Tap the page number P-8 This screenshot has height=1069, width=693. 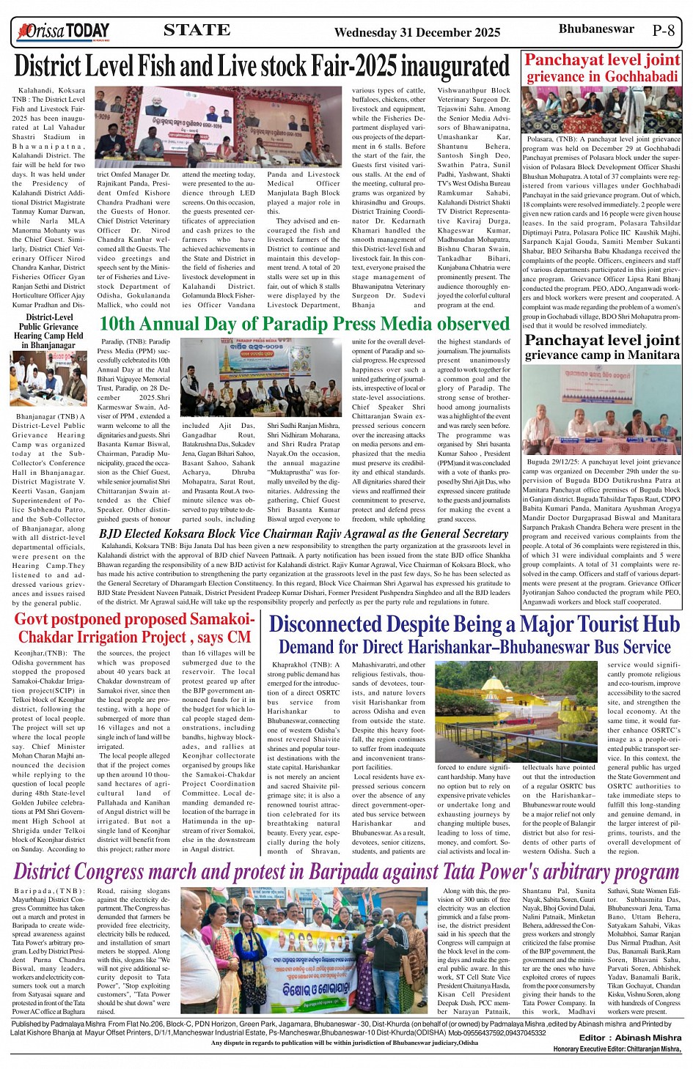click(663, 31)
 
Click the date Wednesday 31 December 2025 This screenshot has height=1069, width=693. click(417, 32)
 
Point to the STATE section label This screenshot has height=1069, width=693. click(197, 30)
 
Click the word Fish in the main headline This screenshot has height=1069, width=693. click(153, 67)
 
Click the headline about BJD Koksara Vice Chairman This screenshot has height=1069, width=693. click(303, 534)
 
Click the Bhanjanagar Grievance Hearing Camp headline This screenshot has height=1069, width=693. click(49, 331)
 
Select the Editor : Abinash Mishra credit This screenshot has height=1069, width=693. click(630, 1037)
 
